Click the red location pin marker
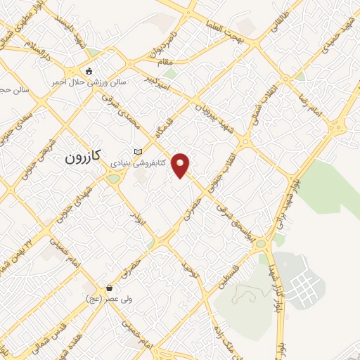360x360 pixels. (181, 165)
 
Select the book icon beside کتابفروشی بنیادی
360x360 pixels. (138, 153)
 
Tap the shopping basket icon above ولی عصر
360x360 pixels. (110, 288)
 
